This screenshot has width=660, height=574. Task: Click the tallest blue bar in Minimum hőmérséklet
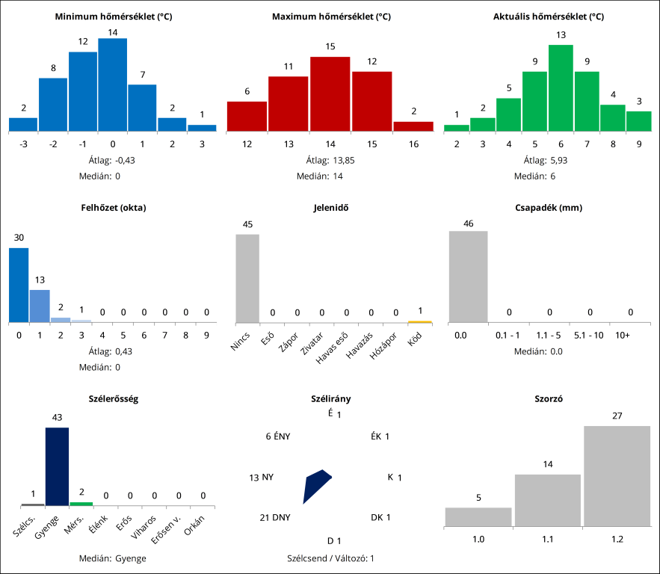click(113, 84)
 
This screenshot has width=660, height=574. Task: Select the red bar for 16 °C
click(413, 126)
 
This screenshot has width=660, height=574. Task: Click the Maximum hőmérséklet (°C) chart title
click(331, 16)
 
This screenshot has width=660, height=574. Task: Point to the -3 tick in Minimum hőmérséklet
click(23, 143)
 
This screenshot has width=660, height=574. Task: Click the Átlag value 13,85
click(331, 160)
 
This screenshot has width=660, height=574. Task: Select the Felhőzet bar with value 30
click(19, 285)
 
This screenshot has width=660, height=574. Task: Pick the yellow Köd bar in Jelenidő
click(420, 321)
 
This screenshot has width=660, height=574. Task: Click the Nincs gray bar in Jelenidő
click(247, 278)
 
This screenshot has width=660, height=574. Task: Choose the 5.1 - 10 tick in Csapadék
click(590, 336)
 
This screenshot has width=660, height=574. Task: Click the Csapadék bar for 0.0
click(468, 277)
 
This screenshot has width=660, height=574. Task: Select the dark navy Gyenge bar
click(57, 466)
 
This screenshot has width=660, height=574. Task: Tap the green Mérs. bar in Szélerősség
click(81, 504)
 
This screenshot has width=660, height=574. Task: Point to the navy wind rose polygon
click(315, 484)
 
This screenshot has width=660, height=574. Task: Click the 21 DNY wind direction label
click(275, 517)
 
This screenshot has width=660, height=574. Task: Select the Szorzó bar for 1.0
click(478, 516)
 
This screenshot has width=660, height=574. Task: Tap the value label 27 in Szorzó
click(617, 416)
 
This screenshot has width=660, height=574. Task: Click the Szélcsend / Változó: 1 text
click(330, 558)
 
